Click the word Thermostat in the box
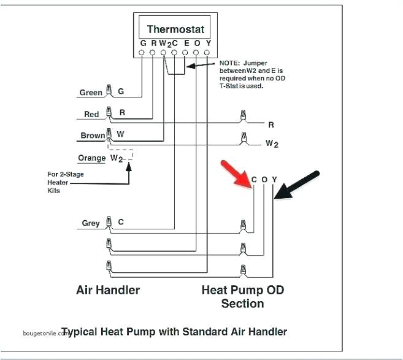pos(175,29)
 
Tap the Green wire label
pos(91,93)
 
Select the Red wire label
pos(91,115)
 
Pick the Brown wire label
pos(93,136)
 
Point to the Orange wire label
pos(92,158)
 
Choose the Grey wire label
pos(91,223)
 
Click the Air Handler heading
pos(108,289)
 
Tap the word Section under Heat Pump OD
pos(242,304)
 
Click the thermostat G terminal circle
pos(142,53)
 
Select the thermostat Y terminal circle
pos(208,53)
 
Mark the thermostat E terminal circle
pos(186,53)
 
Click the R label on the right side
pos(271,124)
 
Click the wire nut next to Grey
pos(109,223)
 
